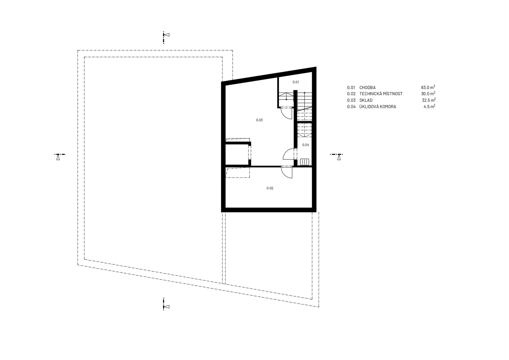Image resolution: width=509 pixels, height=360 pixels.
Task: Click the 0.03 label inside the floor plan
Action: click(x=259, y=120)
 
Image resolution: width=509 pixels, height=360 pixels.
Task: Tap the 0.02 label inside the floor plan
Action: click(x=270, y=188)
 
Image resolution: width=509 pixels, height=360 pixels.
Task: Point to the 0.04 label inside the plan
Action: click(x=306, y=145)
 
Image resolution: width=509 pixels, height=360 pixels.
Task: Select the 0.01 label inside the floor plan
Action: click(x=295, y=82)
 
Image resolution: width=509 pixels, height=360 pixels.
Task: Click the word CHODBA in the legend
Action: click(x=367, y=88)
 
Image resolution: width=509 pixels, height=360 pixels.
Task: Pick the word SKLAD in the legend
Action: click(x=366, y=100)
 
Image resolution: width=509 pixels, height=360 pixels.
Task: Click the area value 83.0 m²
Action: click(x=428, y=87)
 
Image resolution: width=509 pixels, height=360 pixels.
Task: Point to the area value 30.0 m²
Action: click(x=428, y=94)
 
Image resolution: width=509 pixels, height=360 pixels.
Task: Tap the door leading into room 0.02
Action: click(x=287, y=172)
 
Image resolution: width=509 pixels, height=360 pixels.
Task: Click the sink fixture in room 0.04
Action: click(x=305, y=162)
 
